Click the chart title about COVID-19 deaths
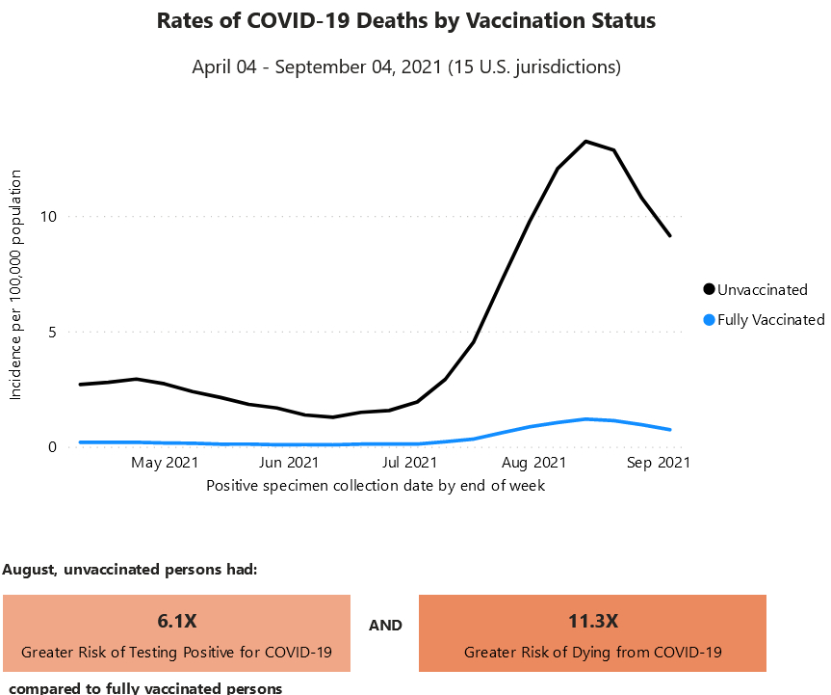point(405,21)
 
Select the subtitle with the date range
point(405,67)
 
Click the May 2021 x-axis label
point(165,464)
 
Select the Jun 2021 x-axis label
point(289,464)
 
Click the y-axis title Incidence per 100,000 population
point(16,284)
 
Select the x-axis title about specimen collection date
point(376,486)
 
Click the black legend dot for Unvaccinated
point(710,289)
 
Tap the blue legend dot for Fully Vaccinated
point(710,320)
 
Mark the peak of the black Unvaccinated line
point(586,142)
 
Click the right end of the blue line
point(670,430)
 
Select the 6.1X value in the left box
point(176,620)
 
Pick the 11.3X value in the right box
point(592,620)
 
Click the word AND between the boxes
point(385,626)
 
